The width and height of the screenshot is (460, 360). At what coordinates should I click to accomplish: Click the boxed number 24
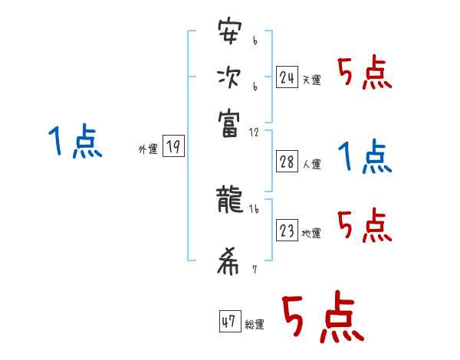(x=287, y=77)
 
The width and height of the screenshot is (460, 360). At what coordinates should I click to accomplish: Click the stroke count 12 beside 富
(x=255, y=133)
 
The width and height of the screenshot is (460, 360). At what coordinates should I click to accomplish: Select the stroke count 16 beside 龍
(x=254, y=209)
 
